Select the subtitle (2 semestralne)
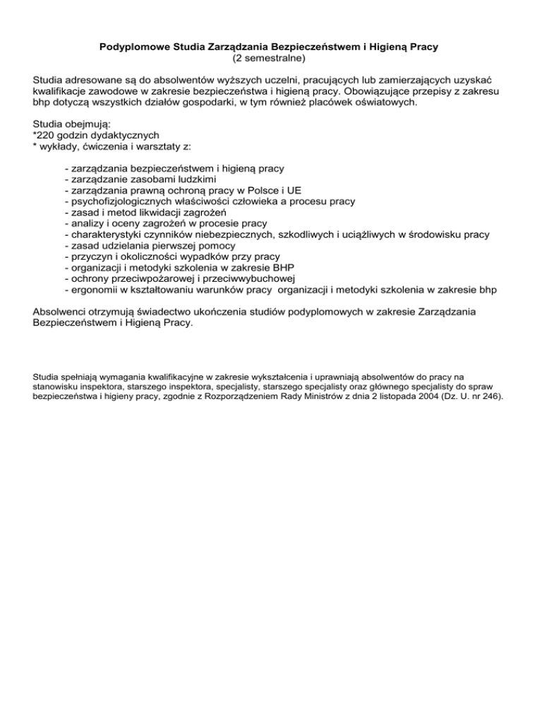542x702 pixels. coord(270,59)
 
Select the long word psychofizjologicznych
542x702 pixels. coord(121,201)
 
